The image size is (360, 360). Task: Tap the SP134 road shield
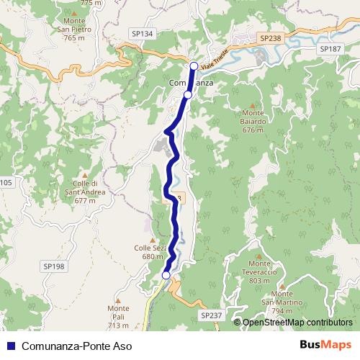pyautogui.click(x=143, y=33)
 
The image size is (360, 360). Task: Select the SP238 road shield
pyautogui.click(x=270, y=37)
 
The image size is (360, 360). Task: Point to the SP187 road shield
pyautogui.click(x=330, y=48)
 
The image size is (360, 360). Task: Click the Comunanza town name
pyautogui.click(x=191, y=83)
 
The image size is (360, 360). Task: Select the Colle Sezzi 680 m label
pyautogui.click(x=149, y=252)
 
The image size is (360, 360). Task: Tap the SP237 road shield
pyautogui.click(x=211, y=315)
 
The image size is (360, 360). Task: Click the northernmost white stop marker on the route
pyautogui.click(x=193, y=66)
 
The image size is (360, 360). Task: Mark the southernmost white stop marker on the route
pyautogui.click(x=166, y=275)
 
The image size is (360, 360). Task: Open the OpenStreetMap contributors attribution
pyautogui.click(x=296, y=322)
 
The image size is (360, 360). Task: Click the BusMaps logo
pyautogui.click(x=325, y=345)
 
